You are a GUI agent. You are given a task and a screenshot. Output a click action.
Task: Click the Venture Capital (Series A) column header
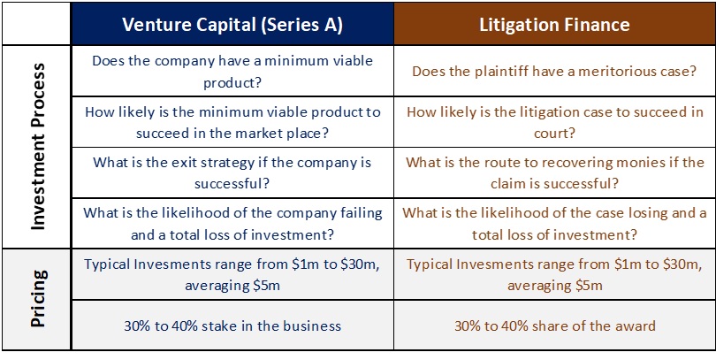(232, 24)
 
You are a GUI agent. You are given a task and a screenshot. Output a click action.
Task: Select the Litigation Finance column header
(554, 24)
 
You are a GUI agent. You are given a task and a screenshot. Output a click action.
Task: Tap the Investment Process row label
(37, 147)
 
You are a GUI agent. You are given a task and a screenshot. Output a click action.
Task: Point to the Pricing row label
(37, 299)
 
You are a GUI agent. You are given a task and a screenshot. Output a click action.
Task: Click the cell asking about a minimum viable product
(232, 72)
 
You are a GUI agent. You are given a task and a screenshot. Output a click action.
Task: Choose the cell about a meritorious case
(554, 72)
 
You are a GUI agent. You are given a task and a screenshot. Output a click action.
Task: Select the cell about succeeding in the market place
(232, 122)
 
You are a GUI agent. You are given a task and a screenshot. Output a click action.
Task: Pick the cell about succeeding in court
(554, 122)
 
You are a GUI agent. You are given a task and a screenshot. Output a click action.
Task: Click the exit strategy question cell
(232, 172)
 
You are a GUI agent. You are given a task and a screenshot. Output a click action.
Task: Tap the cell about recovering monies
(554, 172)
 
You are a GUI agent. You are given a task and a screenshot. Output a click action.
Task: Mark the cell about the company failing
(232, 224)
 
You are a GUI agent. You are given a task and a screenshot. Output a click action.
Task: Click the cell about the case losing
(554, 224)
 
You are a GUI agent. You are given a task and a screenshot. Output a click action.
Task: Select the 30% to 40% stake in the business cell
(232, 326)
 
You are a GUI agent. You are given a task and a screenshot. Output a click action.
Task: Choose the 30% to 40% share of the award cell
(554, 326)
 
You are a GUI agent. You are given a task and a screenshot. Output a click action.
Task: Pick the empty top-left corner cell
(36, 24)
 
